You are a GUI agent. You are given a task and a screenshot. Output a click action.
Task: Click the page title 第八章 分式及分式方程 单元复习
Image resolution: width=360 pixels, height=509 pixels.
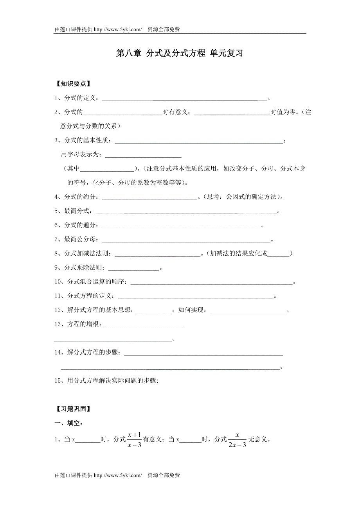click(x=180, y=54)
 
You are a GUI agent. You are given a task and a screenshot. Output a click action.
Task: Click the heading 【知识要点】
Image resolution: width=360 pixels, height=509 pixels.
click(x=72, y=84)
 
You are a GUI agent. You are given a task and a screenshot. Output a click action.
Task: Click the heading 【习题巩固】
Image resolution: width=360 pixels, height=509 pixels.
click(x=72, y=409)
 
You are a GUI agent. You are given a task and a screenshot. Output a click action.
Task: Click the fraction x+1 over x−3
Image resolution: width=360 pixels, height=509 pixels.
click(x=134, y=440)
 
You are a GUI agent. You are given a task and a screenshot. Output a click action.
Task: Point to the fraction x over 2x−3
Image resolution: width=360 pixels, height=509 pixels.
click(x=238, y=440)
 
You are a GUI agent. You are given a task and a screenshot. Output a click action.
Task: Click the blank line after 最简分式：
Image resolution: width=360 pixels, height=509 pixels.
click(x=186, y=212)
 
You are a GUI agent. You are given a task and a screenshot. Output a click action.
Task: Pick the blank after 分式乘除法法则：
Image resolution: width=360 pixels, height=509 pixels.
click(x=133, y=268)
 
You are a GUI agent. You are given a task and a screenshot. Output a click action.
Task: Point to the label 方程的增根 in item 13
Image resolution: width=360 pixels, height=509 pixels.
click(x=84, y=324)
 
